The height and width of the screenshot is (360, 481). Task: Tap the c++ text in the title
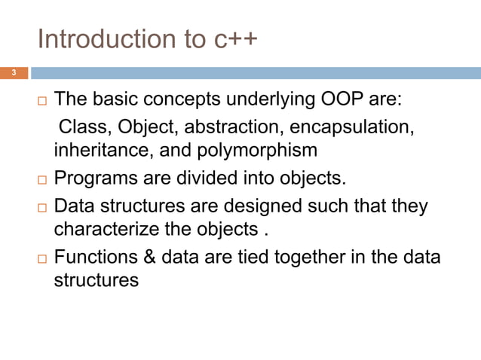pyautogui.click(x=232, y=39)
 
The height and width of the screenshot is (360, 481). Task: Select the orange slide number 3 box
pyautogui.click(x=14, y=73)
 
